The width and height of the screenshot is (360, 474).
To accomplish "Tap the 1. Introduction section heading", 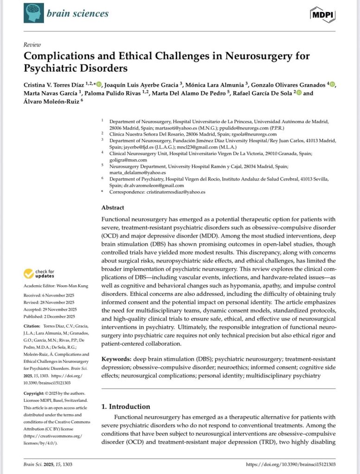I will point(126,406).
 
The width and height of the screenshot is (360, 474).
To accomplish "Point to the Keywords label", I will point(116,359).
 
